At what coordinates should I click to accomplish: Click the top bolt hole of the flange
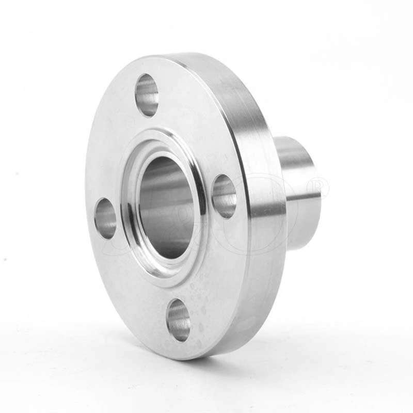coord(147,95)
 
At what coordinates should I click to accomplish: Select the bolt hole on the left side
coord(105,218)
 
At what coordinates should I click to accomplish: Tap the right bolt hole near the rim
coord(225,196)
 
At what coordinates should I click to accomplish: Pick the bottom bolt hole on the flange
coord(179,320)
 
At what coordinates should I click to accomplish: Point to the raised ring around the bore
coord(198,170)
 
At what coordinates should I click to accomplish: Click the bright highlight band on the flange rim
coord(266,206)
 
